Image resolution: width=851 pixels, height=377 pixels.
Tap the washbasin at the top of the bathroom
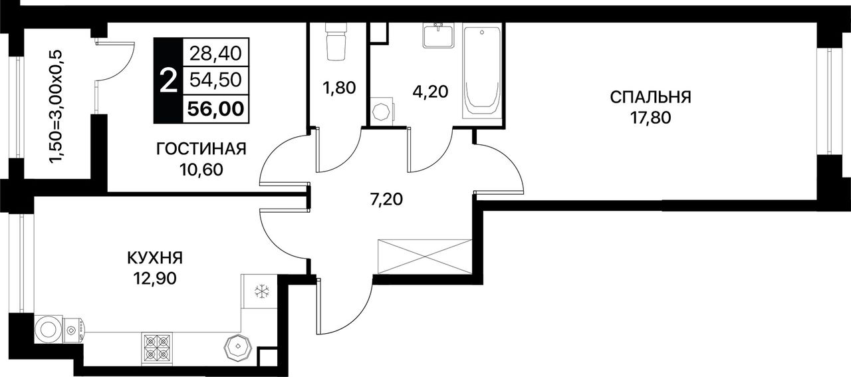click(439, 35)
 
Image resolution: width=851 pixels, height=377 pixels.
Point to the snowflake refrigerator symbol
click(262, 292)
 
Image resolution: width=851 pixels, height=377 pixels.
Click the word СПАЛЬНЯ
click(651, 97)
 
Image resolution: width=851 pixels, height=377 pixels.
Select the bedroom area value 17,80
click(651, 118)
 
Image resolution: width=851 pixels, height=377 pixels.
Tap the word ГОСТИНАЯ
click(201, 148)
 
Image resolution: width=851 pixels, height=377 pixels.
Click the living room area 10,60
click(201, 170)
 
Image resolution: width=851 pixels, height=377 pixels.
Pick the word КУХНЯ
click(155, 259)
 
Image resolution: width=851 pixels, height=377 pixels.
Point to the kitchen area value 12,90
click(155, 279)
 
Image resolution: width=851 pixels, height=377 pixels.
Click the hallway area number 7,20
click(387, 199)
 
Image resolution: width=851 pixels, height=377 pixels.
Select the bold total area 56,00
click(216, 110)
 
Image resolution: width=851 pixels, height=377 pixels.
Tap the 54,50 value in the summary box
click(216, 80)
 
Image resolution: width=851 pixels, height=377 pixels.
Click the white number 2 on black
click(169, 81)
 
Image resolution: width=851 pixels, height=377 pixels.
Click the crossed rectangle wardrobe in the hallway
click(425, 257)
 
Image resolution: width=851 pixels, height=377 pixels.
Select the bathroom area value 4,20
click(430, 92)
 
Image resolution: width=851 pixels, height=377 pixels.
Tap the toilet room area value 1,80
click(339, 88)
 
